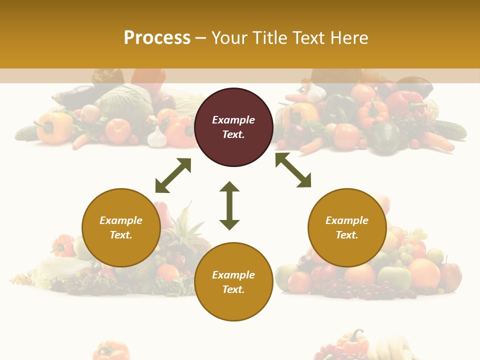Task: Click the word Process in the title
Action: [x=157, y=38]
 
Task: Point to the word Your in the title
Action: [x=229, y=38]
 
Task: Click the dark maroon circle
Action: [x=233, y=127]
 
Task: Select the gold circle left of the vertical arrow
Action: [x=121, y=227]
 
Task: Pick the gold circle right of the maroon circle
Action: [x=347, y=227]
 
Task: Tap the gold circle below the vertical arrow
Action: [x=233, y=281]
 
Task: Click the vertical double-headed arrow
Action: [x=229, y=205]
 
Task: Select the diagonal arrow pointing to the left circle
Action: [x=173, y=175]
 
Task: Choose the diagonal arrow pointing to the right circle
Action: [x=293, y=170]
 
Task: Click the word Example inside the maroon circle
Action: [x=233, y=120]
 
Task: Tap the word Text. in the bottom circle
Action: [x=233, y=289]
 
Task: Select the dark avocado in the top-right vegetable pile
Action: [x=385, y=137]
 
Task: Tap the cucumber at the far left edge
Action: [x=26, y=132]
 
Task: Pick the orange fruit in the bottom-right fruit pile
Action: [x=423, y=272]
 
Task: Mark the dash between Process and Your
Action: [x=200, y=38]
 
